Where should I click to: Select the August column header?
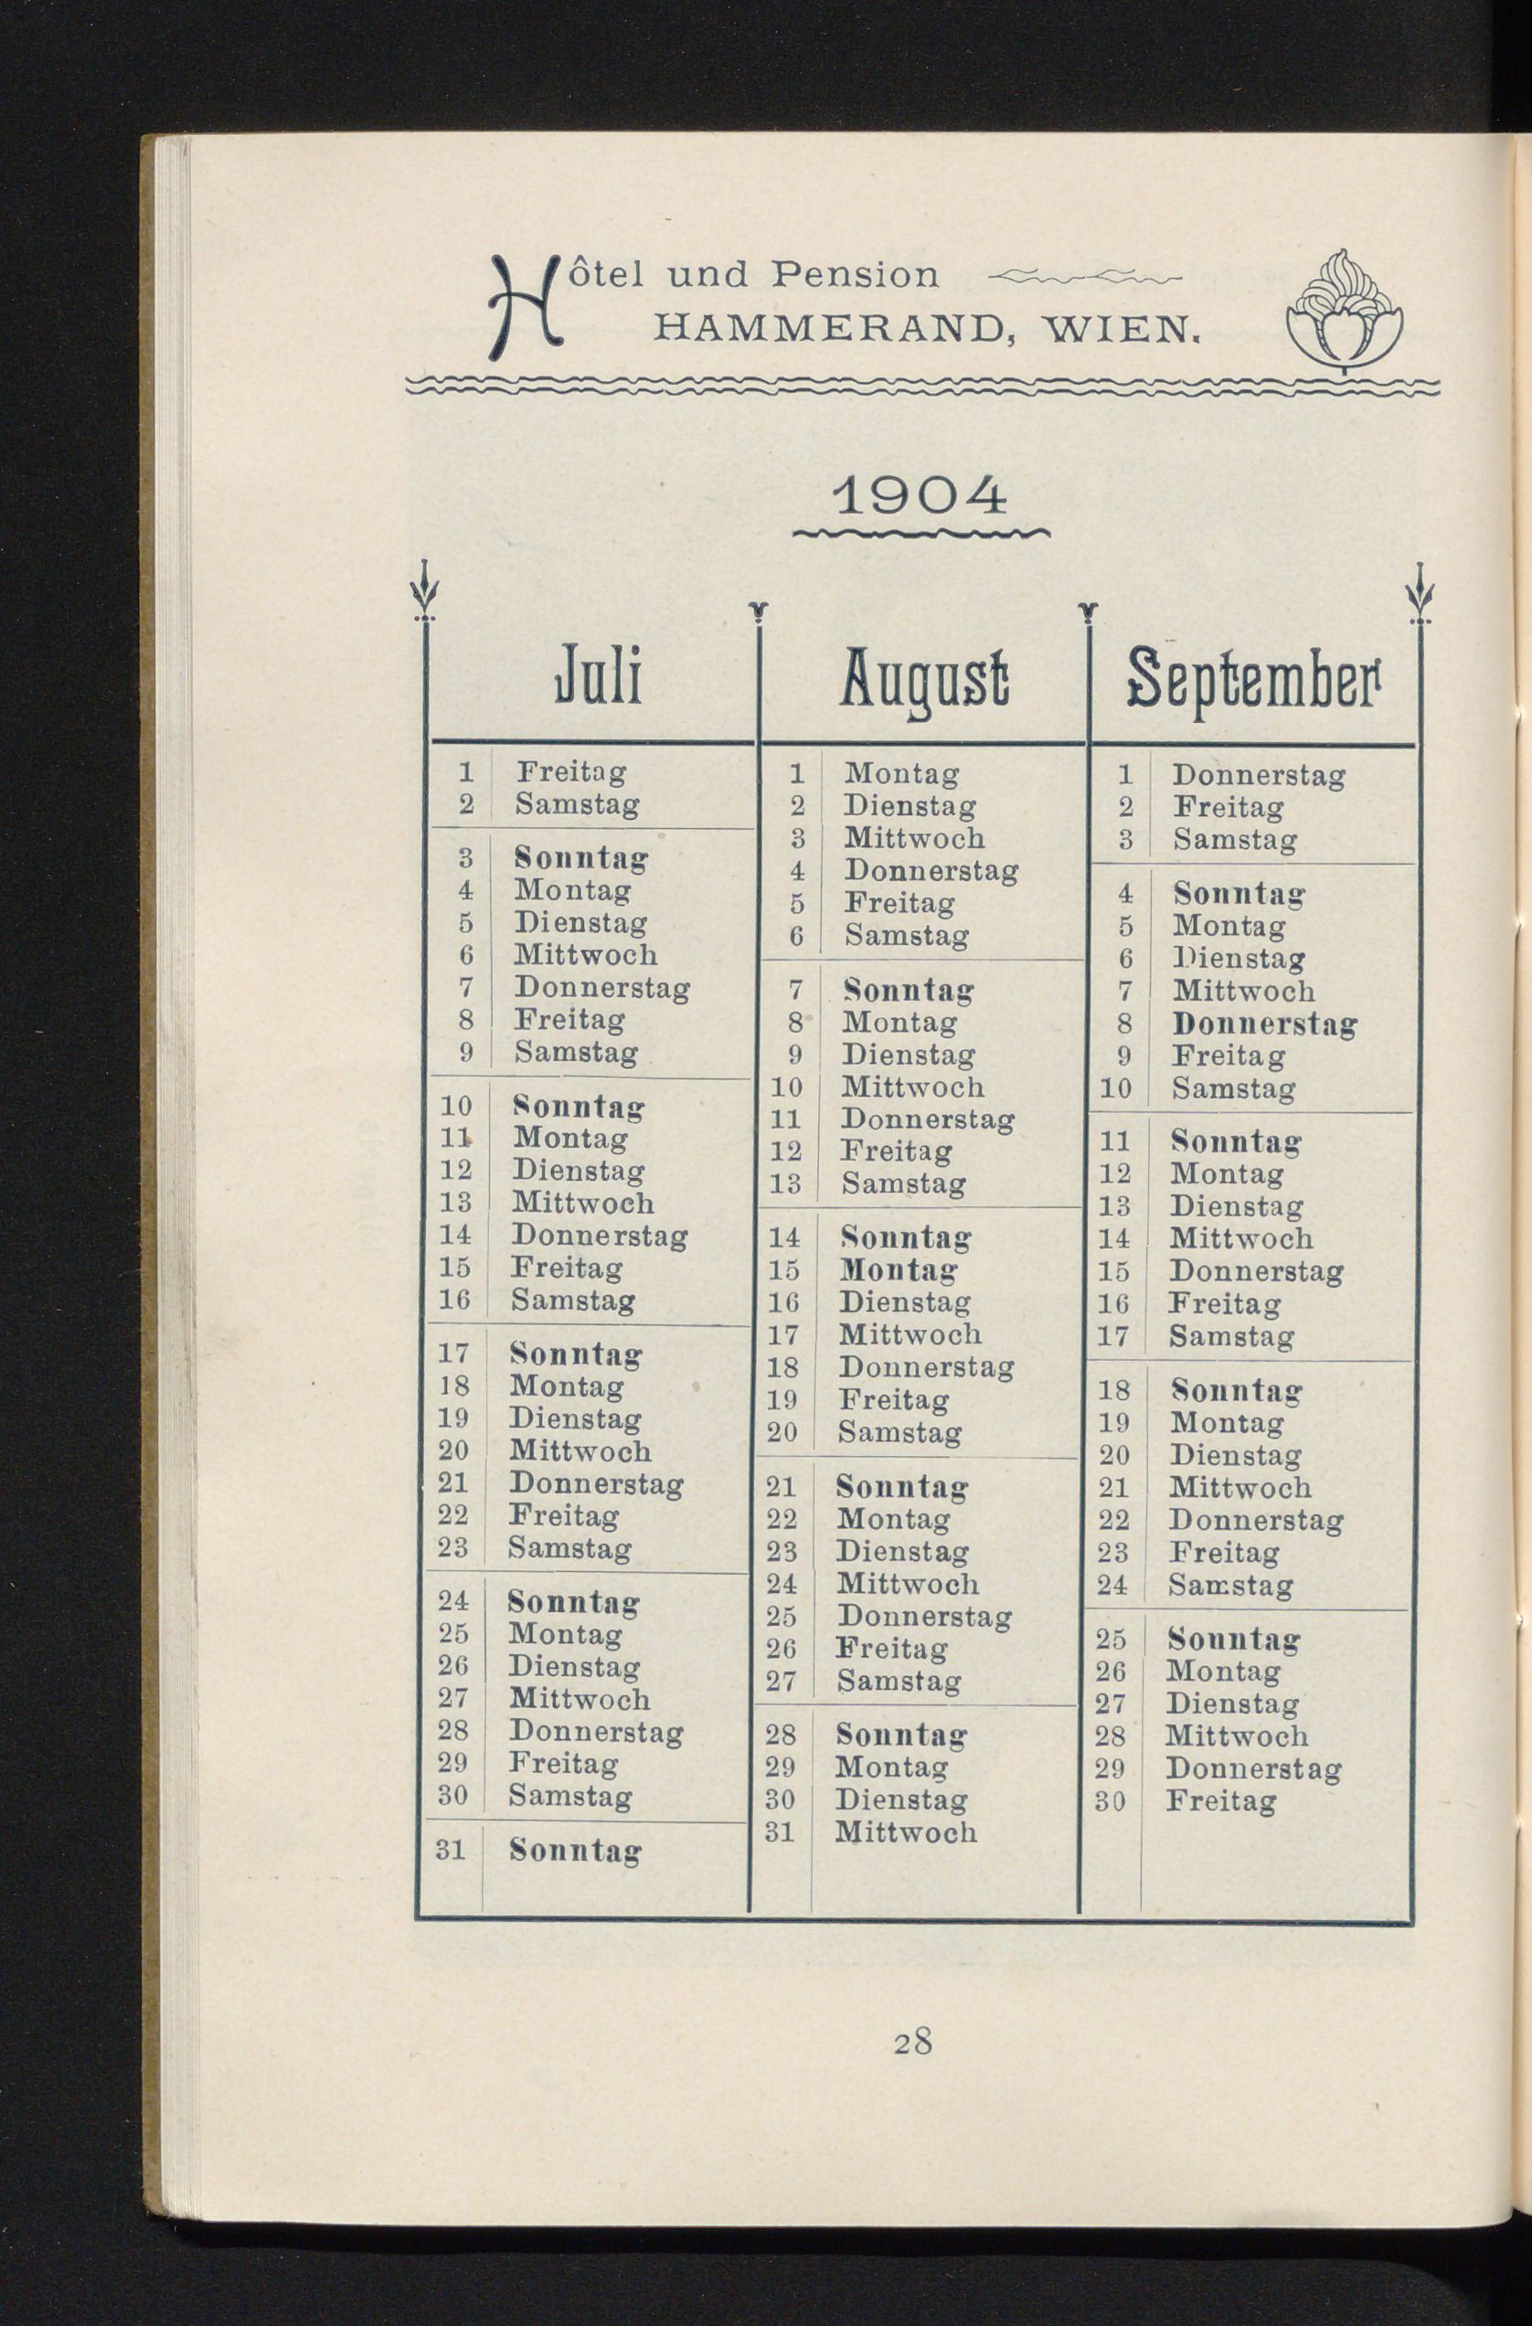coord(924,679)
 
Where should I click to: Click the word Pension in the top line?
coord(855,274)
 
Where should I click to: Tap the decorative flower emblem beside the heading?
coord(1345,311)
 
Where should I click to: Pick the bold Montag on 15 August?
coord(899,1269)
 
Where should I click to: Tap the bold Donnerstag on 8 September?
coord(1265,1025)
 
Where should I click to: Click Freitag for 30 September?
coord(1221,1801)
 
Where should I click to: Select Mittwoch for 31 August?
coord(906,1832)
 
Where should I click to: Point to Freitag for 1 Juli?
coord(571,772)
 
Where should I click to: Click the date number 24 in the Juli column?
coord(453,1601)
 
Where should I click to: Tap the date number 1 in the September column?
coord(1125,775)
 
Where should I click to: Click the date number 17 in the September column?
coord(1113,1336)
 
